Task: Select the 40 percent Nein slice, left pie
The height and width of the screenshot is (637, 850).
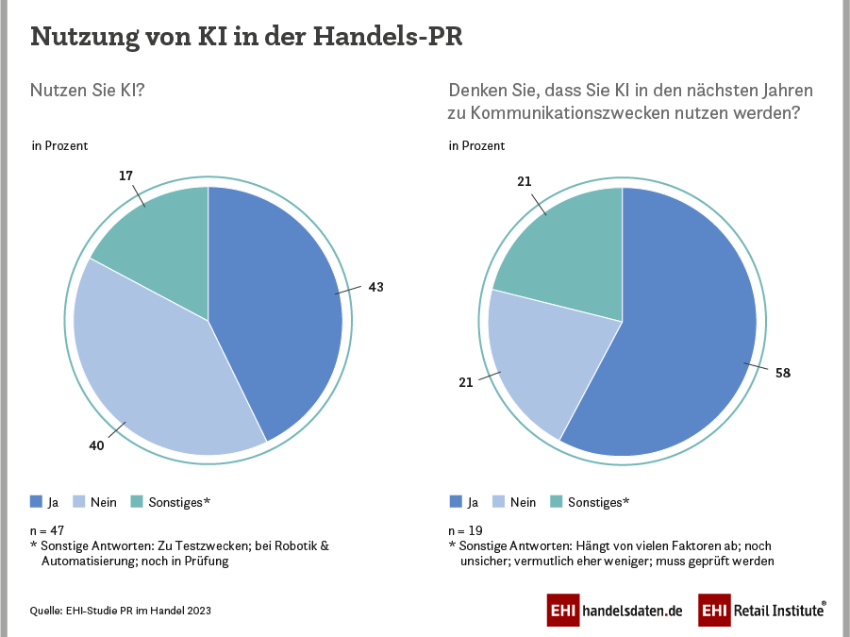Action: (151, 359)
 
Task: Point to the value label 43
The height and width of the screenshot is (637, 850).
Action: (376, 286)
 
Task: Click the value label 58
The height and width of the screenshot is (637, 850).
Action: (782, 373)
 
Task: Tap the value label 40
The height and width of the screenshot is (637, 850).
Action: (97, 444)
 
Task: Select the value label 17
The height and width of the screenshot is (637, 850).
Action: (126, 176)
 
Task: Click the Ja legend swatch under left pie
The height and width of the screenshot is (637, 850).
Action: (37, 501)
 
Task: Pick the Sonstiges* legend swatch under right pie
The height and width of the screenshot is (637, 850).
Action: (556, 501)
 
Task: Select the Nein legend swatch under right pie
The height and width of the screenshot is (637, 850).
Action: (499, 501)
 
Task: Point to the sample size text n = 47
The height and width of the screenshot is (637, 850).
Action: (47, 530)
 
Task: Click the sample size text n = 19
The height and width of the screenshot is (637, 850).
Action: (464, 530)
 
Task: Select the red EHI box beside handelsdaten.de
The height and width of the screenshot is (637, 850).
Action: (564, 611)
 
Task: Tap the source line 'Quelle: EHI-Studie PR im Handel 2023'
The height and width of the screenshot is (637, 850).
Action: (121, 611)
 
